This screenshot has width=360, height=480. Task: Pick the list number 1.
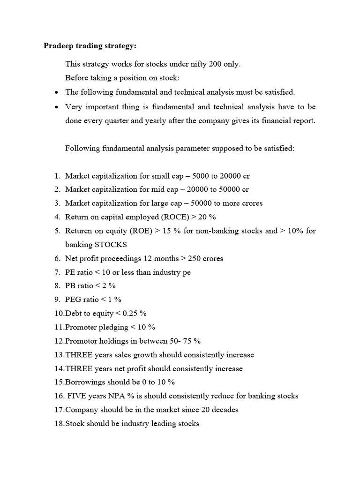pyautogui.click(x=57, y=176)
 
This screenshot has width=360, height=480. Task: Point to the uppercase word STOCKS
pyautogui.click(x=111, y=245)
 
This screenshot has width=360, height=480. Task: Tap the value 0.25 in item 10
pyautogui.click(x=130, y=313)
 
